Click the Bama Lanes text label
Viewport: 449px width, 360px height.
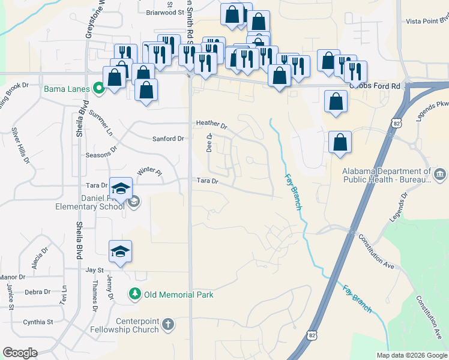coord(66,89)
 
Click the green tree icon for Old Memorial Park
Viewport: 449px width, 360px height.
coord(135,294)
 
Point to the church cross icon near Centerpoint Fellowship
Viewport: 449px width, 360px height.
coord(168,325)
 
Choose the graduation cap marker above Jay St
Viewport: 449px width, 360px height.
coord(120,251)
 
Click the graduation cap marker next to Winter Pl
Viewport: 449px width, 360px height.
coord(121,189)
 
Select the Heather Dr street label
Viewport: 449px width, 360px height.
coord(212,125)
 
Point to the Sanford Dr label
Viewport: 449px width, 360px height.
coord(168,139)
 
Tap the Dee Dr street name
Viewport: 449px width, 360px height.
coord(209,143)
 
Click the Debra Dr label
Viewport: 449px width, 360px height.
coord(38,292)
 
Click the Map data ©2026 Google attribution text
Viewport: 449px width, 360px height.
coord(411,355)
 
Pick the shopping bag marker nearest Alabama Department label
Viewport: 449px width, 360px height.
coord(340,143)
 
